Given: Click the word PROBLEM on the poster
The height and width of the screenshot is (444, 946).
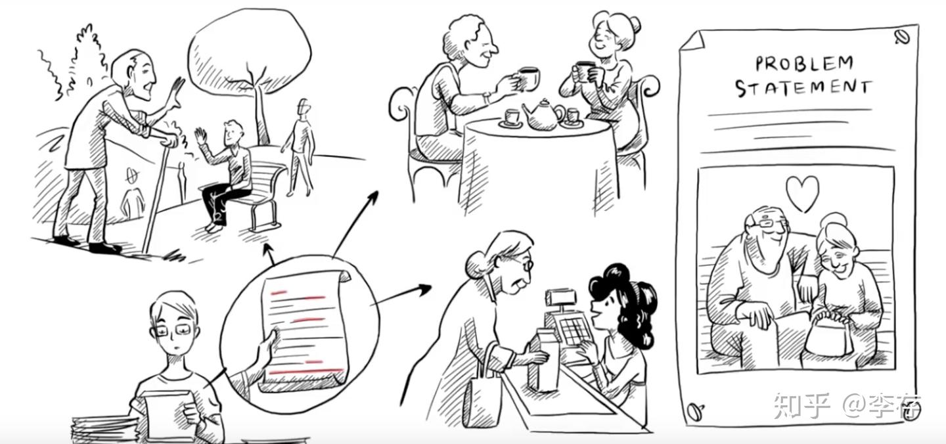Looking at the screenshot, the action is click(803, 64).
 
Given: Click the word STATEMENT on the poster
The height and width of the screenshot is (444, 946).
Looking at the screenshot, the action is click(803, 88).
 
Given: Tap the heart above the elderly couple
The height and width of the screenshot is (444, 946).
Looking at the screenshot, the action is click(802, 193).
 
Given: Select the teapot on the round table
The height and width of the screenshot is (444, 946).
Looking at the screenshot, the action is click(543, 115).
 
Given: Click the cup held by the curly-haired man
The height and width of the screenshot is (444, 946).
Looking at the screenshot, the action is click(529, 78).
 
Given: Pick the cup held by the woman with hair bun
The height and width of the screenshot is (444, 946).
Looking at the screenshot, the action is click(583, 71).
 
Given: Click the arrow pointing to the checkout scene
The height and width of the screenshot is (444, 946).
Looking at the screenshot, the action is click(401, 296).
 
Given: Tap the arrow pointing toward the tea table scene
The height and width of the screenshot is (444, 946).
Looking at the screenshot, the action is click(355, 224).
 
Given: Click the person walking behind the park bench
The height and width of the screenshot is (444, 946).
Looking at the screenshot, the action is click(299, 148).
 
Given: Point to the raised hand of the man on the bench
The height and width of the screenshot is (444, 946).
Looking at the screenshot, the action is click(201, 137).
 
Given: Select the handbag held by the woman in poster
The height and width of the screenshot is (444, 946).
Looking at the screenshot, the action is click(828, 336).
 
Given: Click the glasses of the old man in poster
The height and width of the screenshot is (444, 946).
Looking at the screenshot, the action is click(769, 223).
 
